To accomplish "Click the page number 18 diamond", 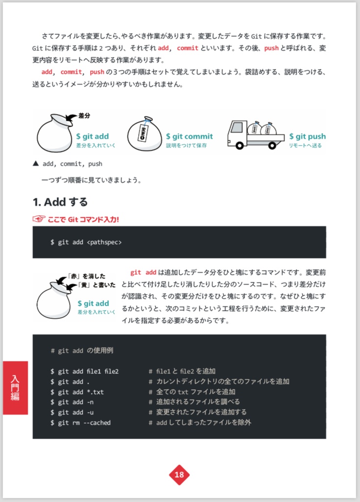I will (179, 475).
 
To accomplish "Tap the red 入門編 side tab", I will (15, 388).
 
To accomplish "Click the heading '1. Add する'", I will (60, 202).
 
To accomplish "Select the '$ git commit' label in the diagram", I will (189, 136).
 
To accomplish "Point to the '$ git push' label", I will (307, 136).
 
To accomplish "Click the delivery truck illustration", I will (255, 134).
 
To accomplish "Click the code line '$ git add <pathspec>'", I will (86, 242).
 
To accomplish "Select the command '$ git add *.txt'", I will (77, 392).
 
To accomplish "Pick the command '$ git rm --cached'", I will (81, 422).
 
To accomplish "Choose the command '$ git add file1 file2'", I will (85, 371).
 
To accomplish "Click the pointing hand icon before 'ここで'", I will (39, 219).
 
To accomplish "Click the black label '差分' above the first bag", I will (85, 116).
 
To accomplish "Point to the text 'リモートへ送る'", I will (305, 146).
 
